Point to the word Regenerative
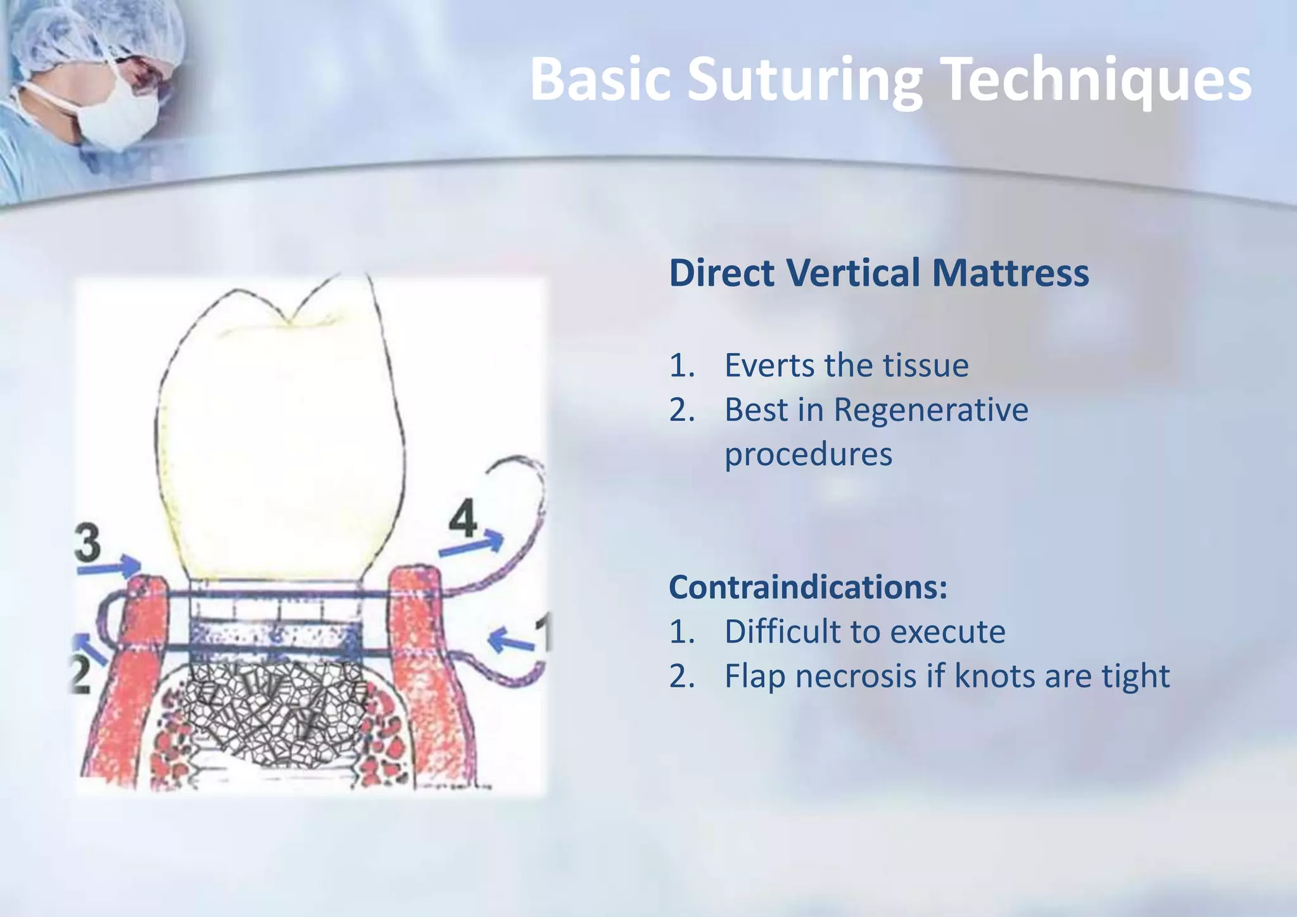point(930,410)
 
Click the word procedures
point(808,454)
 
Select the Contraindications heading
point(808,587)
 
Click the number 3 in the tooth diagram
point(87,544)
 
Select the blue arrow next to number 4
point(472,546)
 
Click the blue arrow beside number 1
point(511,641)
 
